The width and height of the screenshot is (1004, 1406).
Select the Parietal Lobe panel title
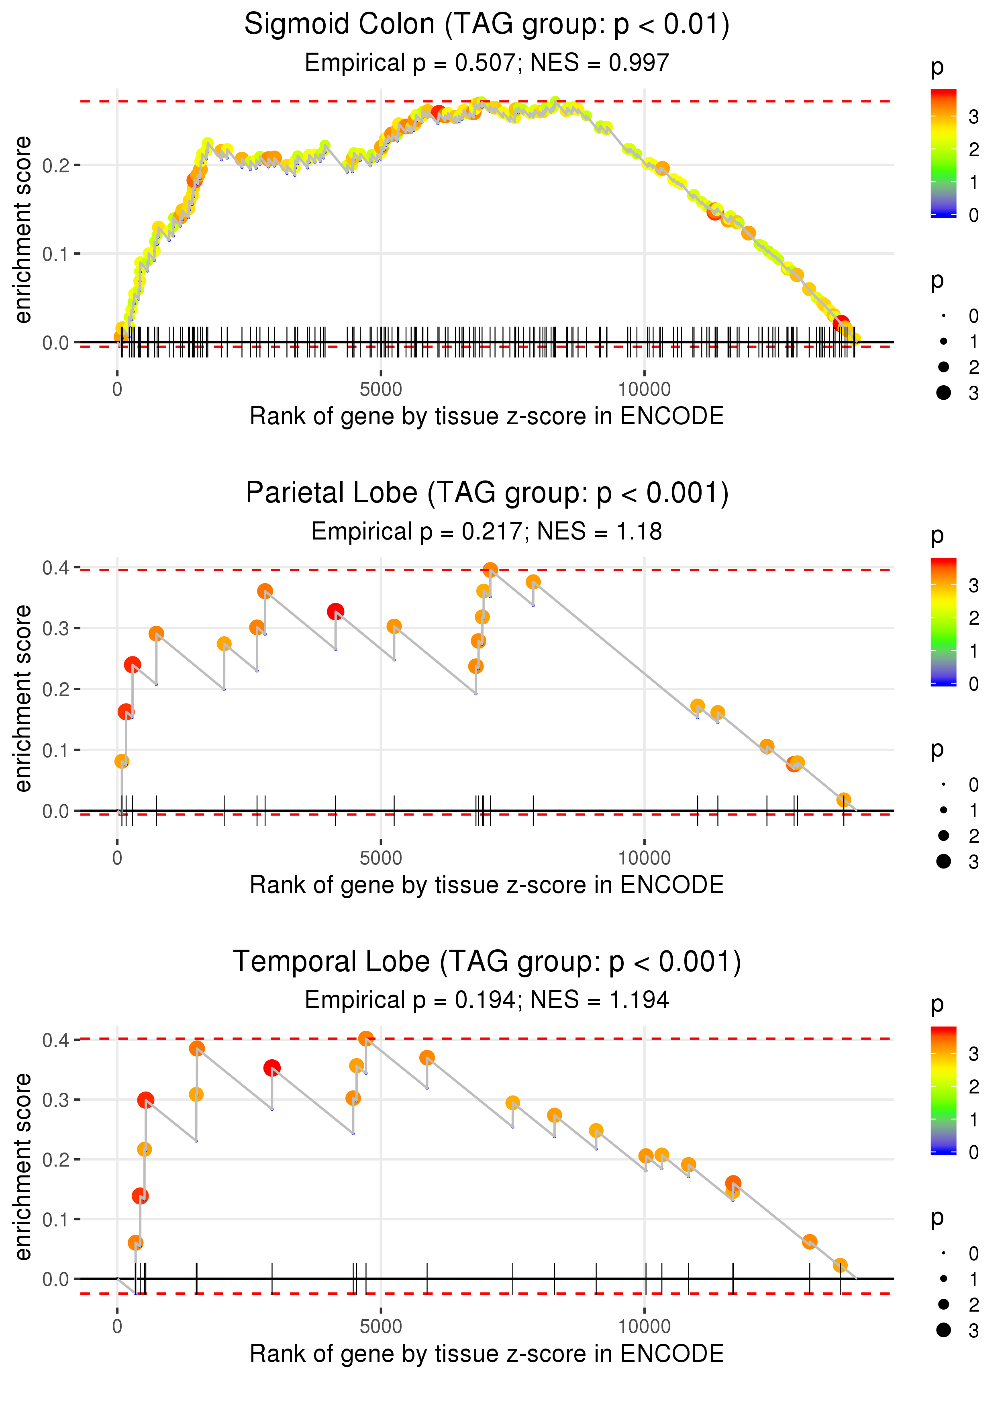487,493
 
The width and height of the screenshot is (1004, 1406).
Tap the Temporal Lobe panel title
487,962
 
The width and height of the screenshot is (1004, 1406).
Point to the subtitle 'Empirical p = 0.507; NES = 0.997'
487,62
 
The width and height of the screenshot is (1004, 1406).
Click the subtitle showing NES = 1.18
487,531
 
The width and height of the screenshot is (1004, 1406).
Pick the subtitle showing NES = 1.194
487,1000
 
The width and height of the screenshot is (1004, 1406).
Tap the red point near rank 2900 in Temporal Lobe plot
272,1068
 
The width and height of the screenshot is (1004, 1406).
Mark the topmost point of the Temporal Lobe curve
366,1038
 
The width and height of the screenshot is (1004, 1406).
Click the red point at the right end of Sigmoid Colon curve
841,323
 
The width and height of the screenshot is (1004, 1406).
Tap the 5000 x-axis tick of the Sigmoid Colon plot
381,390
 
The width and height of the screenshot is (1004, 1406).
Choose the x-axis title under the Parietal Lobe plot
487,885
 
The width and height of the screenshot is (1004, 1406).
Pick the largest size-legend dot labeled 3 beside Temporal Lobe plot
943,1330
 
